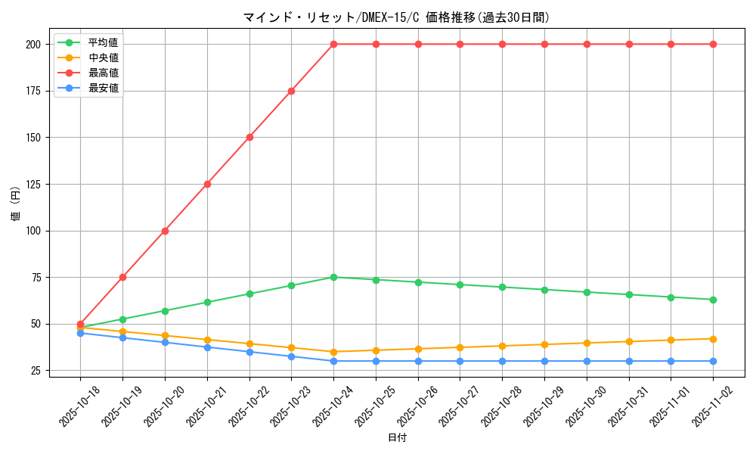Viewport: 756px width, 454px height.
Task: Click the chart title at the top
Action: pos(396,17)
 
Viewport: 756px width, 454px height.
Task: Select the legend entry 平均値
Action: pos(103,42)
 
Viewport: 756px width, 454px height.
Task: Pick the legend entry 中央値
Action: pos(103,58)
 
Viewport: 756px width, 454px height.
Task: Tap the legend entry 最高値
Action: pos(103,73)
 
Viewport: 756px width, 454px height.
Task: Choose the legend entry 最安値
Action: pos(103,88)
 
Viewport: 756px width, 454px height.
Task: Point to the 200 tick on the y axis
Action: pos(34,44)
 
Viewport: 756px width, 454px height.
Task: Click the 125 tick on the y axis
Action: pos(34,184)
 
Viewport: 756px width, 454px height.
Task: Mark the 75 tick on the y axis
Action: pos(36,277)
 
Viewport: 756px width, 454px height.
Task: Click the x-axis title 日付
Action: pos(396,438)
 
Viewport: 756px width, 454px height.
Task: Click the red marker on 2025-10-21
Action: pos(207,184)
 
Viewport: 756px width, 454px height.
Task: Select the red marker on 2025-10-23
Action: pos(291,91)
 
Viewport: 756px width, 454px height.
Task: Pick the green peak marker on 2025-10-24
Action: pos(333,277)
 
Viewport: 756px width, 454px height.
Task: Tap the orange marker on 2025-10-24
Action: pos(333,352)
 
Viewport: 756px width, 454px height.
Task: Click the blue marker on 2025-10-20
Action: pos(165,342)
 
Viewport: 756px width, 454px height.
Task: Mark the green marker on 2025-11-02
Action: pos(713,300)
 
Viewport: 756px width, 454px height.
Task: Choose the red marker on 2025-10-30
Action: pos(587,44)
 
